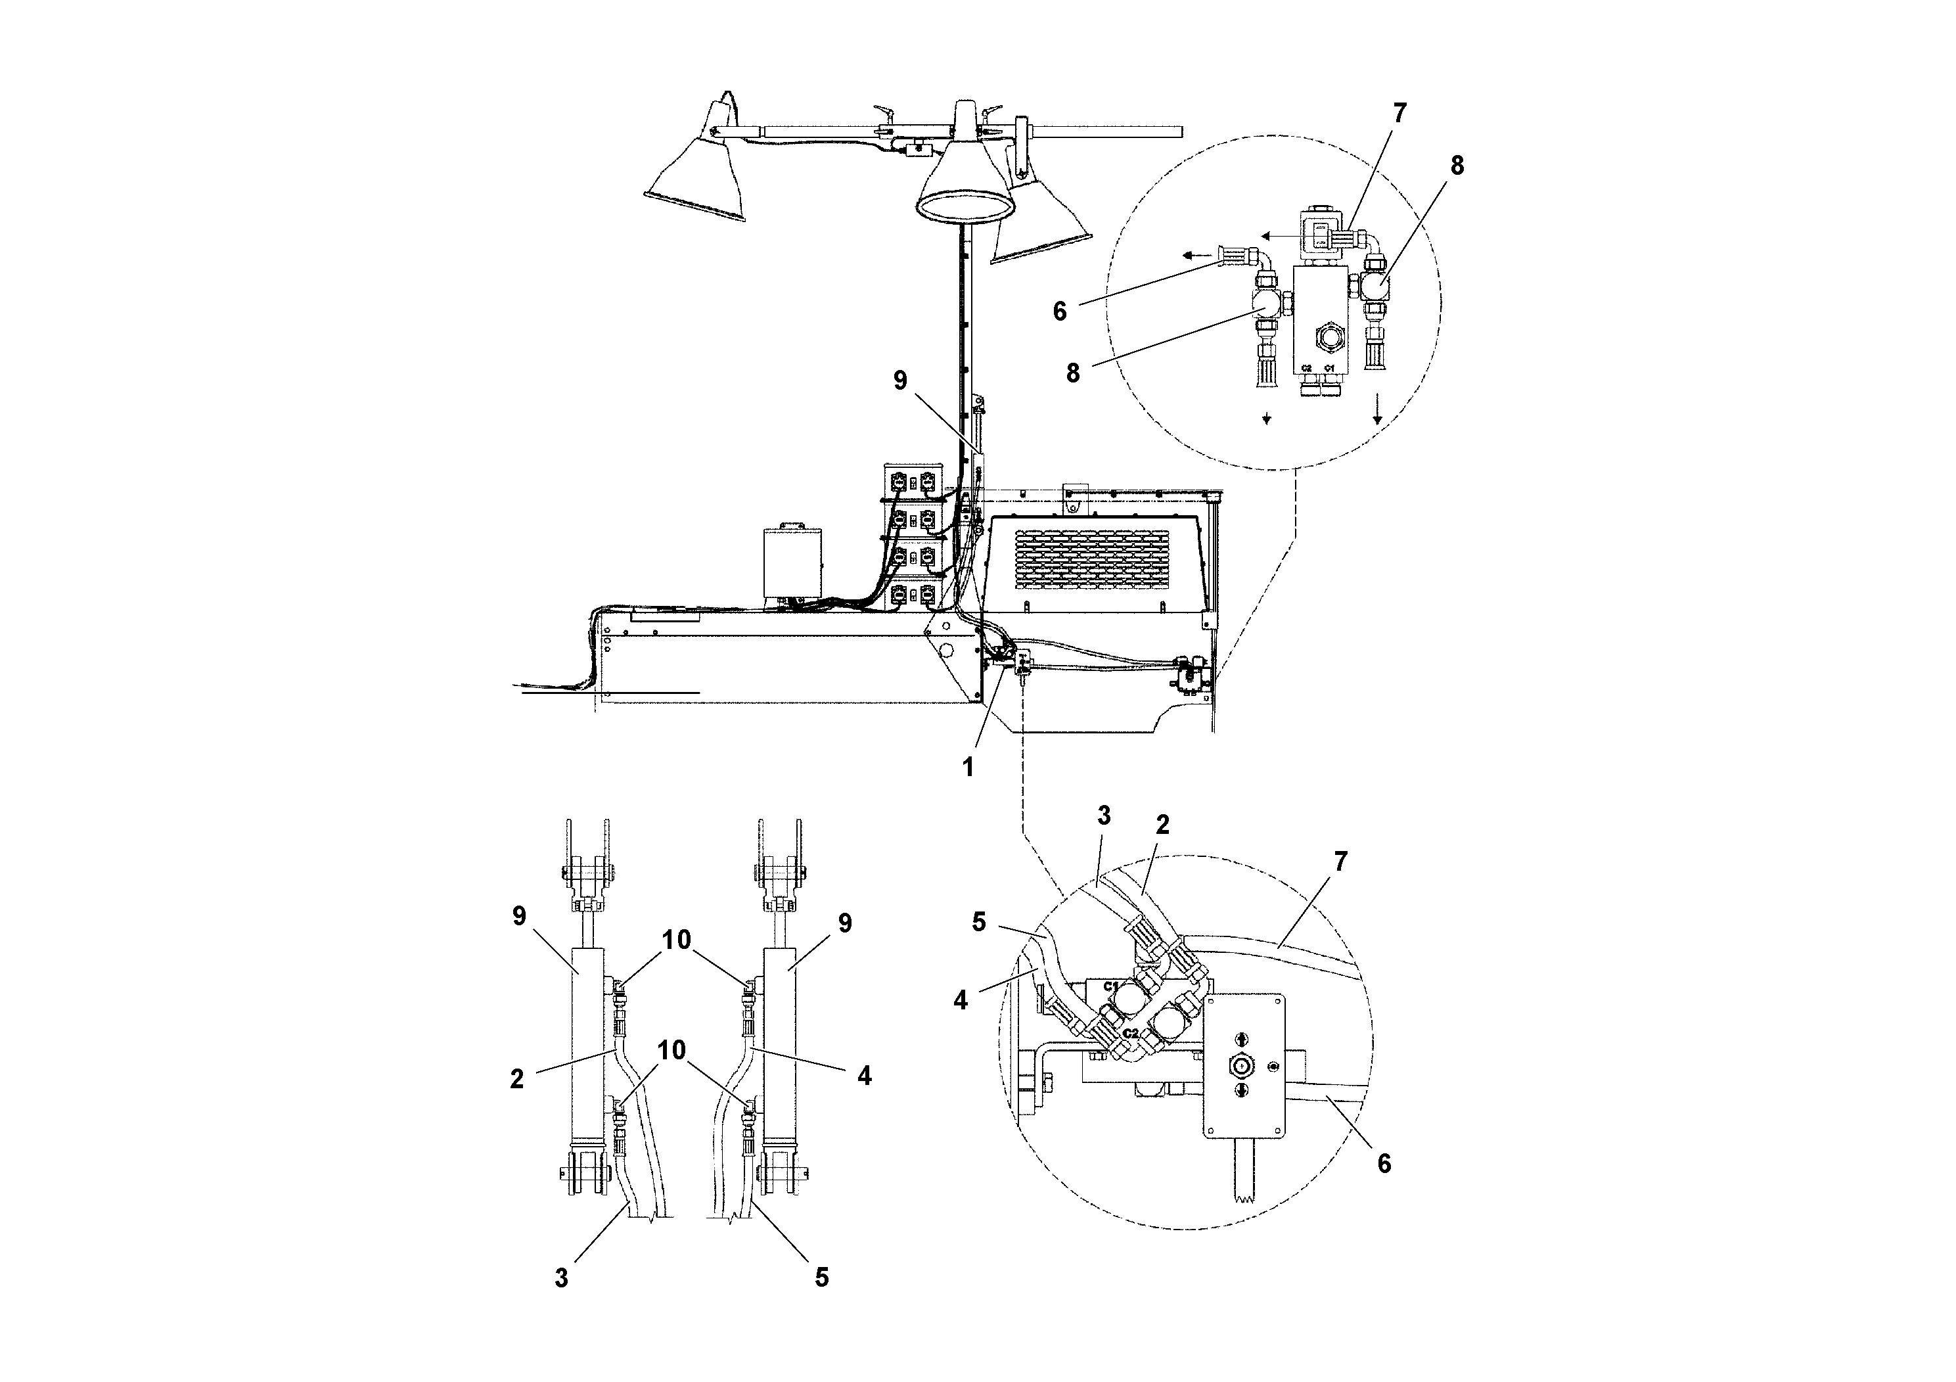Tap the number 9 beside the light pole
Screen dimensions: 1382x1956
click(901, 381)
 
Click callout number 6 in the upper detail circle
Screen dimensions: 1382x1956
click(1059, 311)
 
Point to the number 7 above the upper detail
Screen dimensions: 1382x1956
click(1399, 113)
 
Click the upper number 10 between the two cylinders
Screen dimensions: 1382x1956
click(677, 940)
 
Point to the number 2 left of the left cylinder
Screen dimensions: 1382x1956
click(517, 1078)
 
